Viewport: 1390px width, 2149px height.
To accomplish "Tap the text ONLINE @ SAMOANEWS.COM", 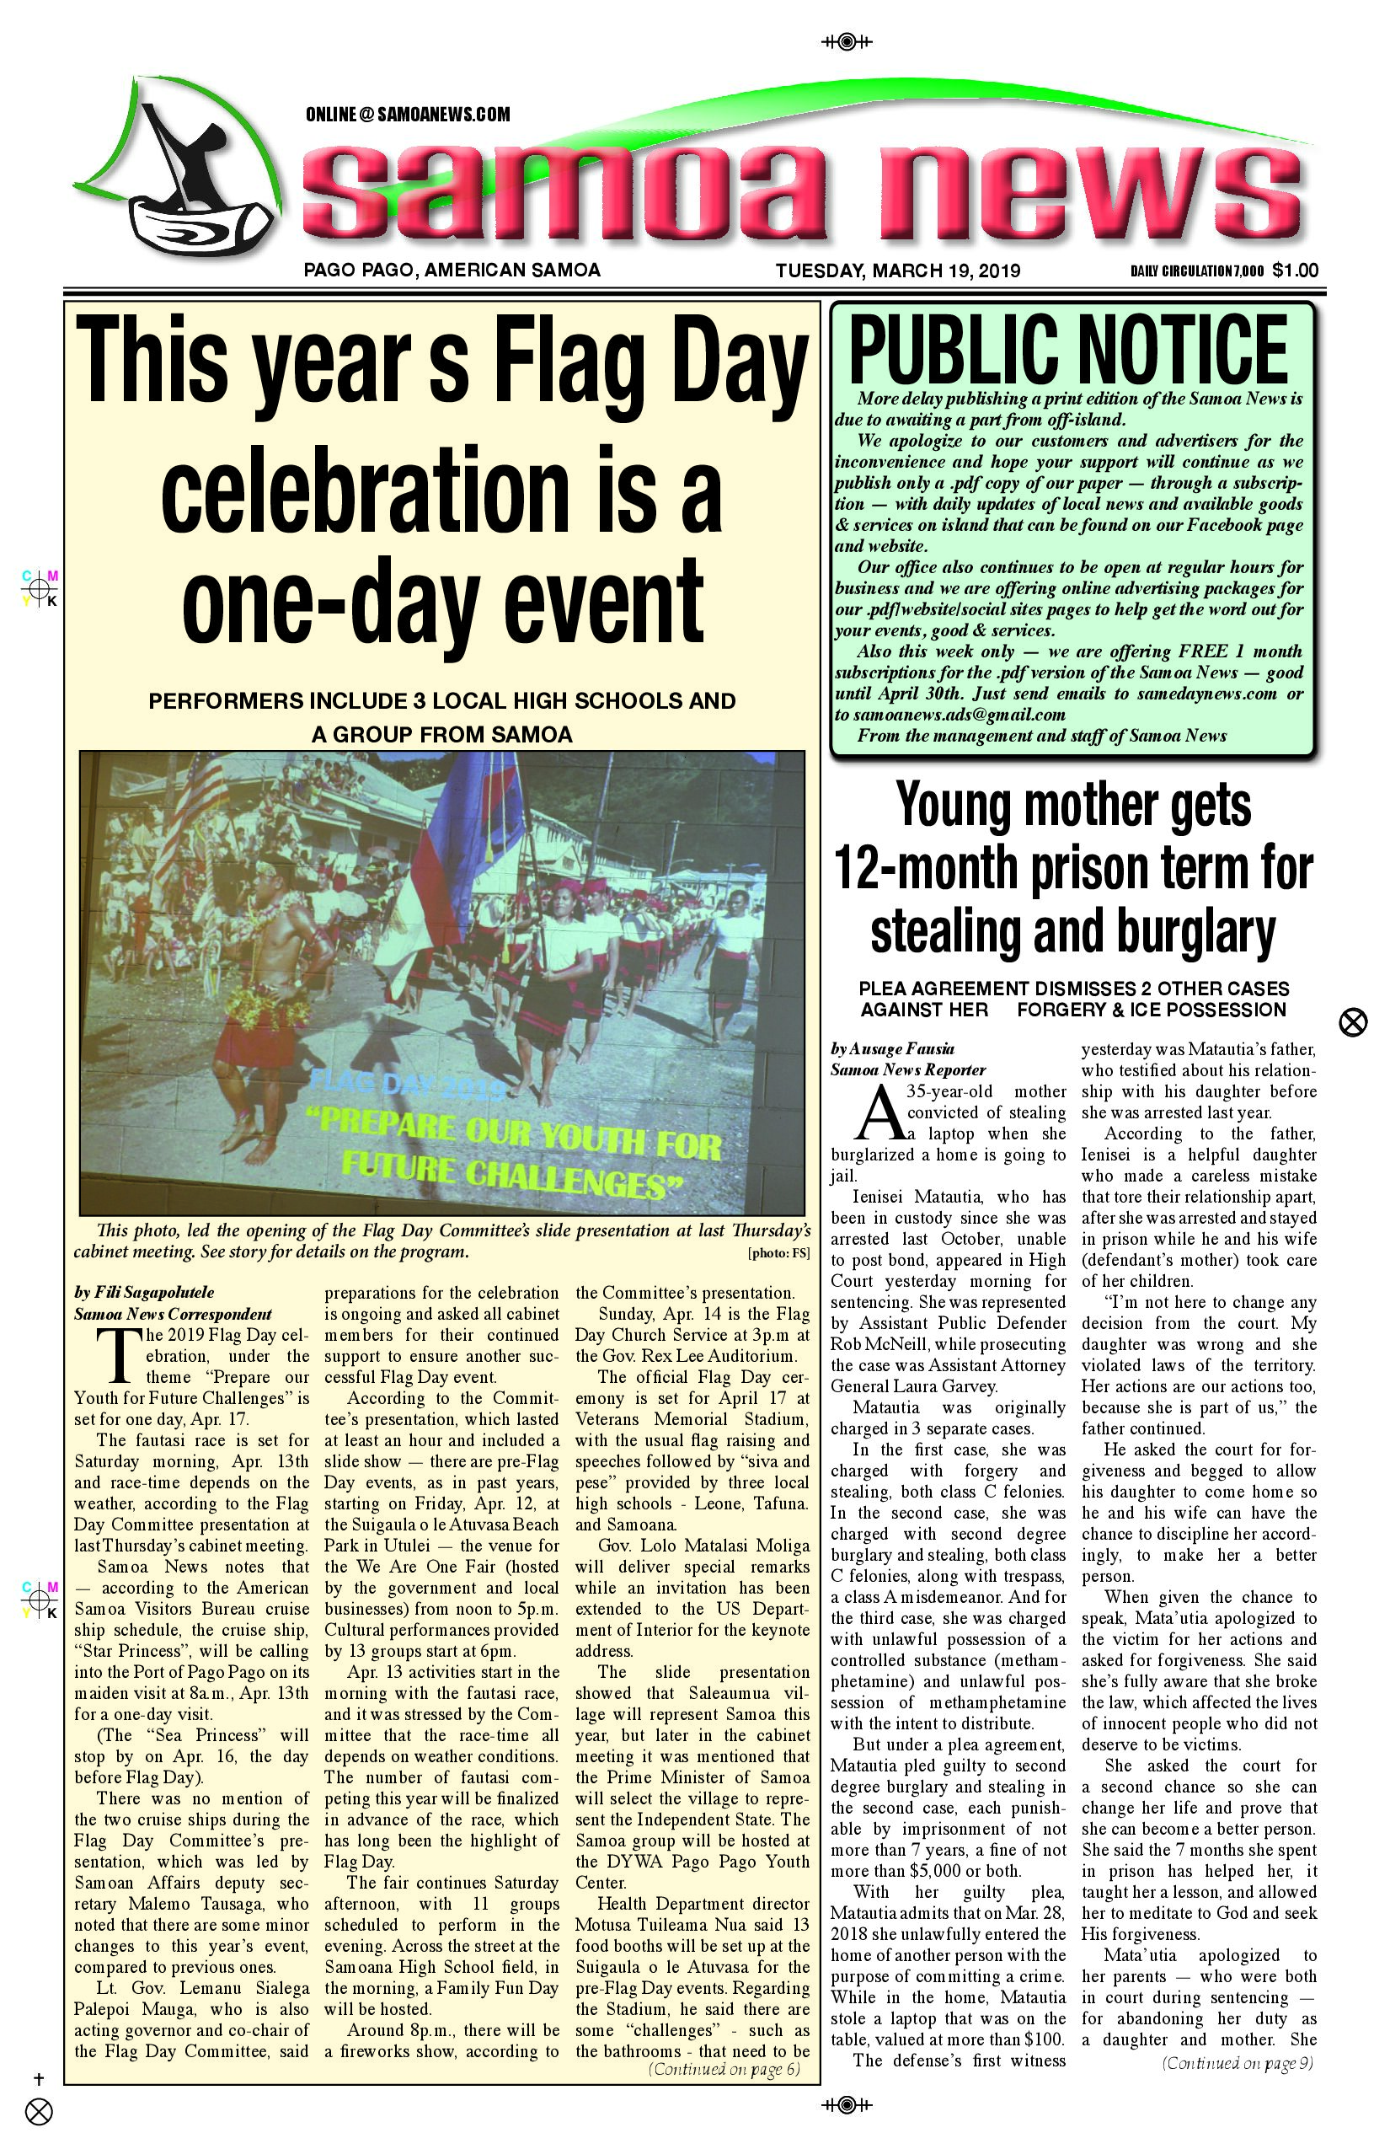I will tap(408, 115).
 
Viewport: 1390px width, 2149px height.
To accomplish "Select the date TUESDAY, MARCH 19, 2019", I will tap(897, 271).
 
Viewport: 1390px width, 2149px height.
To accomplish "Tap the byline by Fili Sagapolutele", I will tap(144, 1292).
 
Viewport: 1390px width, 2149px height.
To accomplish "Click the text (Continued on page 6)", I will tap(724, 2069).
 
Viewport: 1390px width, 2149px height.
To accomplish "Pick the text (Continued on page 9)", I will tap(1238, 2062).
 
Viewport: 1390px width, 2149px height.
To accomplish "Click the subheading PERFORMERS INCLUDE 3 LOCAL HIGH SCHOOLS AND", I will tap(442, 700).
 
